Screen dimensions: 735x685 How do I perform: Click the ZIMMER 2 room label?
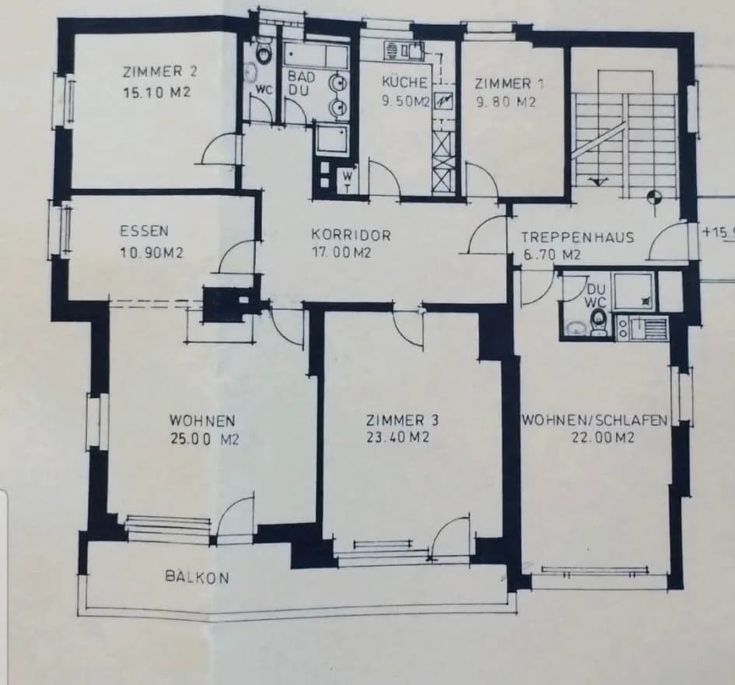click(160, 72)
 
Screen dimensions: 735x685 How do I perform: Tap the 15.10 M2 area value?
click(157, 93)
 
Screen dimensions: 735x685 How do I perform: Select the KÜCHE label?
click(404, 82)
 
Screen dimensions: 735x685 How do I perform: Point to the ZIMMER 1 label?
click(509, 84)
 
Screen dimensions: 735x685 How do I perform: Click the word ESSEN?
click(145, 231)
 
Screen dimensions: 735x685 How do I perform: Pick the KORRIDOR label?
click(351, 234)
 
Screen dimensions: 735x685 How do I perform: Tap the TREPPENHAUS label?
click(578, 237)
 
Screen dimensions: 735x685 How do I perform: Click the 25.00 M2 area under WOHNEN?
click(205, 439)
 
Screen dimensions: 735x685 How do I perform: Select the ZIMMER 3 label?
click(402, 420)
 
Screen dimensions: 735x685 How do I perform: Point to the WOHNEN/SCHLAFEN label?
click(595, 420)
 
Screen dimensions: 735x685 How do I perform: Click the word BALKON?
click(198, 577)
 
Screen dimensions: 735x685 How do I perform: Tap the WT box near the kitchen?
click(348, 181)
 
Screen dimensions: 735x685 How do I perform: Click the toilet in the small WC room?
click(264, 52)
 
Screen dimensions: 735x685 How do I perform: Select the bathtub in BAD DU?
click(317, 56)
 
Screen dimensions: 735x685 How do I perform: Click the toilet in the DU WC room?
click(598, 323)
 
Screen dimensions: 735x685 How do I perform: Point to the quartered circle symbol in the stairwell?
click(654, 198)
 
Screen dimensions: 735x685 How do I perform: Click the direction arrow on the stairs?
click(597, 181)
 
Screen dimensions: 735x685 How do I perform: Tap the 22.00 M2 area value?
click(603, 437)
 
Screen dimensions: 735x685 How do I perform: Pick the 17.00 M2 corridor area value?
click(341, 253)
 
